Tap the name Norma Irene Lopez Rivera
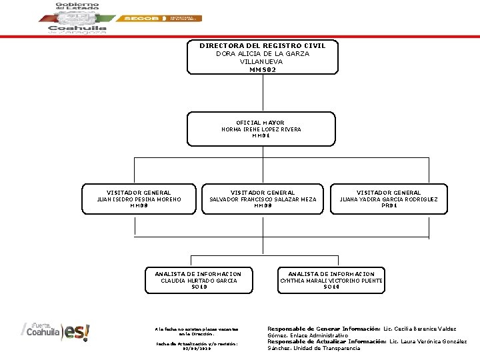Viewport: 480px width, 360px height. (x=261, y=129)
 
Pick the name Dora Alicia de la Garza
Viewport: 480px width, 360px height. (x=263, y=53)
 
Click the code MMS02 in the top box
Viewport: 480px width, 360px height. (x=262, y=69)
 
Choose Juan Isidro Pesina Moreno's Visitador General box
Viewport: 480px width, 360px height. (x=139, y=199)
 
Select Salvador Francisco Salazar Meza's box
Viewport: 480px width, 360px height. (x=263, y=199)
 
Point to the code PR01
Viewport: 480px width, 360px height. (x=389, y=205)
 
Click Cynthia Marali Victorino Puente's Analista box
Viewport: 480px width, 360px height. (x=331, y=280)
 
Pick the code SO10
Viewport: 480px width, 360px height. (x=198, y=287)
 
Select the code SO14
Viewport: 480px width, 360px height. (x=331, y=287)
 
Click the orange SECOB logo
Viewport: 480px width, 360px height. (x=137, y=19)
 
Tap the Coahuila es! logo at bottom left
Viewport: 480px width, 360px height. (x=57, y=331)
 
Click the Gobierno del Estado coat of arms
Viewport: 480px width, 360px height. (x=77, y=17)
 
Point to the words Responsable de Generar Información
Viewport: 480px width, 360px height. (x=323, y=329)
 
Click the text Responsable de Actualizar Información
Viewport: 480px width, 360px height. (x=325, y=341)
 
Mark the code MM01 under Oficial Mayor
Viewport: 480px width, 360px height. (x=261, y=136)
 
